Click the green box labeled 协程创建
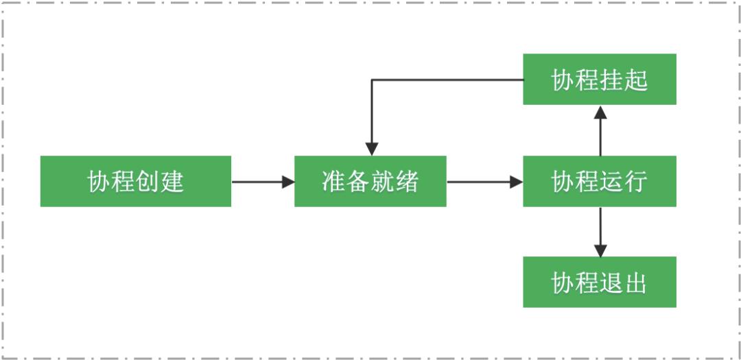[135, 181]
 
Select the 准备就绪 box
[370, 181]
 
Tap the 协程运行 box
[599, 181]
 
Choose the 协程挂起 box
[599, 80]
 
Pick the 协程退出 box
[599, 282]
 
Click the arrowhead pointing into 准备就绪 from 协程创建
[288, 182]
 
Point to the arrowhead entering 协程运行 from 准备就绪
[516, 182]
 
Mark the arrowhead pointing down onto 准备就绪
[372, 149]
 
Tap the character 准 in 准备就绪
[333, 182]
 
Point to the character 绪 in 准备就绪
[407, 182]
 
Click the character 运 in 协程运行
[611, 182]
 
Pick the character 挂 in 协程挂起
[611, 80]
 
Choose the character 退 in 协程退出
[611, 283]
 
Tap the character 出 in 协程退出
[636, 283]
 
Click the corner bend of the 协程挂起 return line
[372, 80]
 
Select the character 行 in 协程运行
[636, 182]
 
